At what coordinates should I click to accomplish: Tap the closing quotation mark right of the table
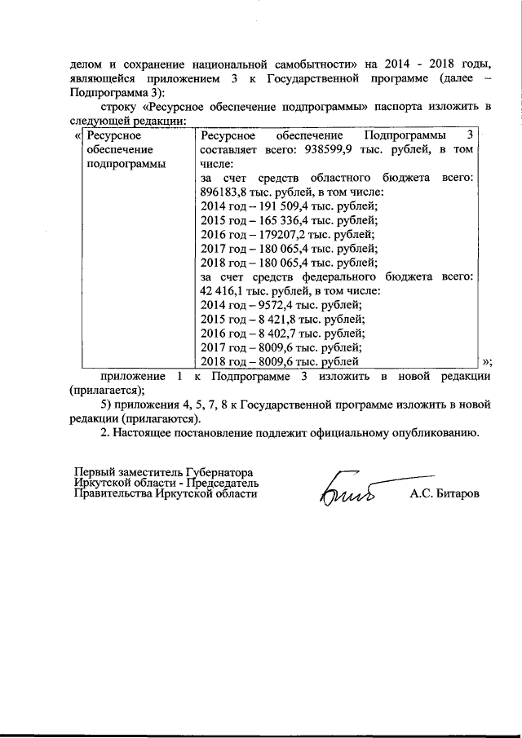coord(487,361)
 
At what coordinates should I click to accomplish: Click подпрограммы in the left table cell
coord(126,164)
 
